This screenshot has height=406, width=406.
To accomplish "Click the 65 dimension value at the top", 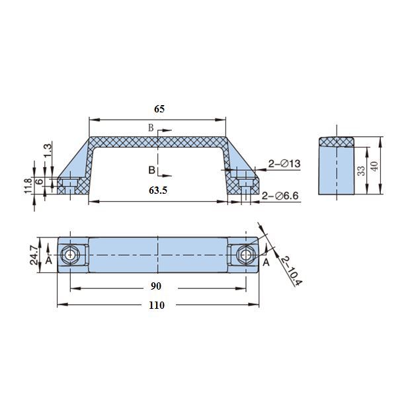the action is tap(159, 109).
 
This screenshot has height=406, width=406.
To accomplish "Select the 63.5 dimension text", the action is tap(158, 190).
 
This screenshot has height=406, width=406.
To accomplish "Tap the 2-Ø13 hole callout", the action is tap(284, 163).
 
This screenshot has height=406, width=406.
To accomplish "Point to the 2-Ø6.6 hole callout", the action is tap(280, 196).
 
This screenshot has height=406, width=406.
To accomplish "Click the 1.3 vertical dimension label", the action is tap(48, 151).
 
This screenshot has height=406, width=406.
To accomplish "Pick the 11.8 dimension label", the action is tap(28, 186).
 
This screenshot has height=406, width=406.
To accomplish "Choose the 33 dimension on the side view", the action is tap(361, 171).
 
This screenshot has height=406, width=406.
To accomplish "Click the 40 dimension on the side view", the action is tap(374, 166).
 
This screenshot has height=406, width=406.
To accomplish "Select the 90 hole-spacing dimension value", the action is tap(155, 286).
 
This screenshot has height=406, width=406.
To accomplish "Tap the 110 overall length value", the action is tap(157, 305).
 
